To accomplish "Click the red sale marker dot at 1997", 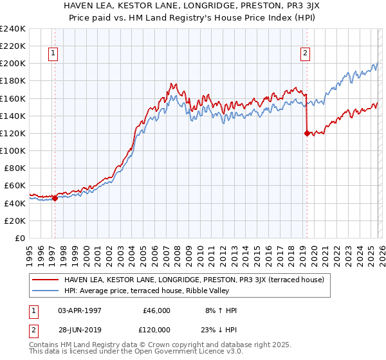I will [55, 198].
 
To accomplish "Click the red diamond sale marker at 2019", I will [306, 133].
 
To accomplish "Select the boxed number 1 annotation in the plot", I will [53, 54].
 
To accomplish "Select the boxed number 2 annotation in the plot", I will [304, 54].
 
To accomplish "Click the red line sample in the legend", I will [46, 280].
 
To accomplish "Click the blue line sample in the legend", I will [46, 291].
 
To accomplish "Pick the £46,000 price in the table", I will [156, 310].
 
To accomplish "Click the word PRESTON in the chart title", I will [252, 7].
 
